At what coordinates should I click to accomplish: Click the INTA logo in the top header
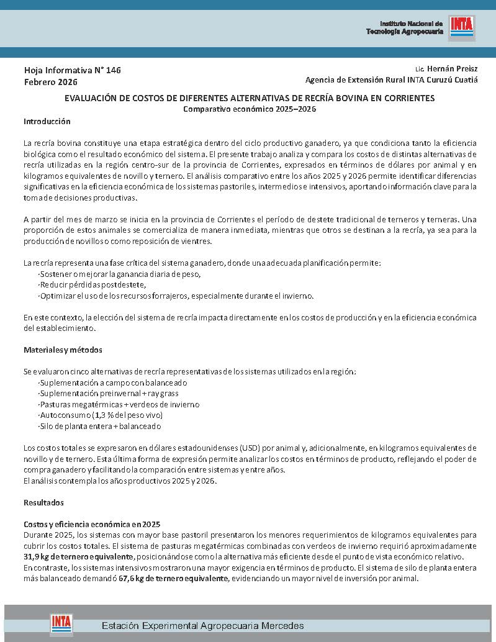coord(462,28)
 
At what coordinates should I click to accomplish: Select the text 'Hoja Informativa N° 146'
coord(72,70)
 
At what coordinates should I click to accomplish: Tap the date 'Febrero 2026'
coord(51,82)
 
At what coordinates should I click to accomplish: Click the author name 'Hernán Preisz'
coord(452,68)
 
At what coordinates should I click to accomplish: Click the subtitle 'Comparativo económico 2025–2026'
coord(250,109)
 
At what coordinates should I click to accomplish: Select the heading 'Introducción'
coord(47,121)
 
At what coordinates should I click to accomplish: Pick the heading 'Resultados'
coord(43,502)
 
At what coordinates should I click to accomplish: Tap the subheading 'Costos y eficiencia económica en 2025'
coord(92,524)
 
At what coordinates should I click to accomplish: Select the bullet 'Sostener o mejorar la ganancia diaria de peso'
coord(120,274)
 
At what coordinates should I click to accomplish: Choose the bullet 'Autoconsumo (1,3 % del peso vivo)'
coord(101,415)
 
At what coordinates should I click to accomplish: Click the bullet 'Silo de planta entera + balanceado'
coord(100,427)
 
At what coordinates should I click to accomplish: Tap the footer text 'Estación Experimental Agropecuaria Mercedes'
coord(202,625)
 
